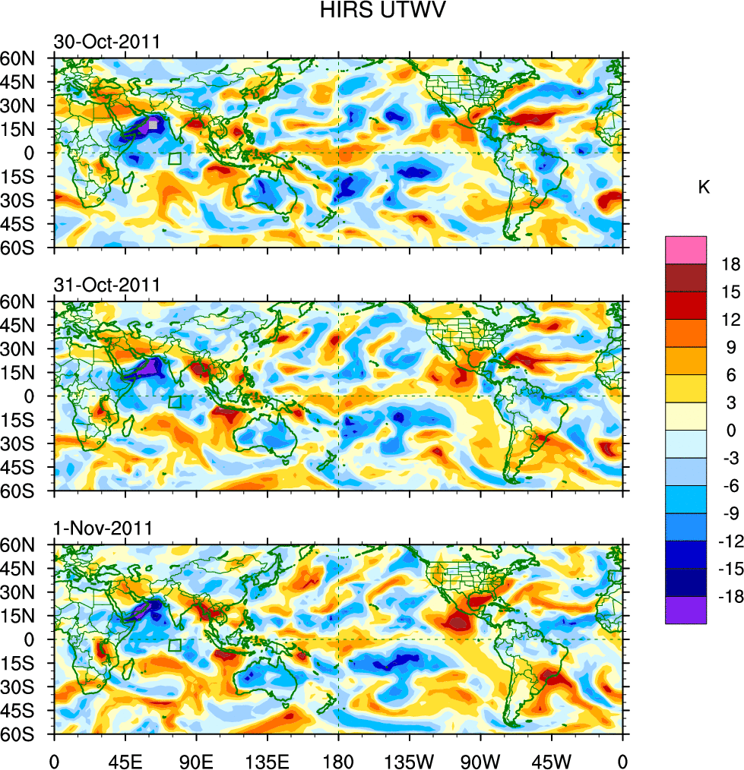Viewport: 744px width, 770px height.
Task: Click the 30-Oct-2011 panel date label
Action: pos(106,42)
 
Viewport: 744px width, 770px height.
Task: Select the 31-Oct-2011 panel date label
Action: pos(106,285)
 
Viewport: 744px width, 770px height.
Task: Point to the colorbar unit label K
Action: pos(704,187)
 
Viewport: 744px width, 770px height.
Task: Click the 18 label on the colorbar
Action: pos(730,264)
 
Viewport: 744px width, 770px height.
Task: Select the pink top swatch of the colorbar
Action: pos(685,250)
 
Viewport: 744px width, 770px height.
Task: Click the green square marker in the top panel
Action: pos(175,159)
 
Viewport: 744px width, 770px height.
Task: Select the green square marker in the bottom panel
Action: pos(175,645)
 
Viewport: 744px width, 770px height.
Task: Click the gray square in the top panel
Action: pos(153,124)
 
